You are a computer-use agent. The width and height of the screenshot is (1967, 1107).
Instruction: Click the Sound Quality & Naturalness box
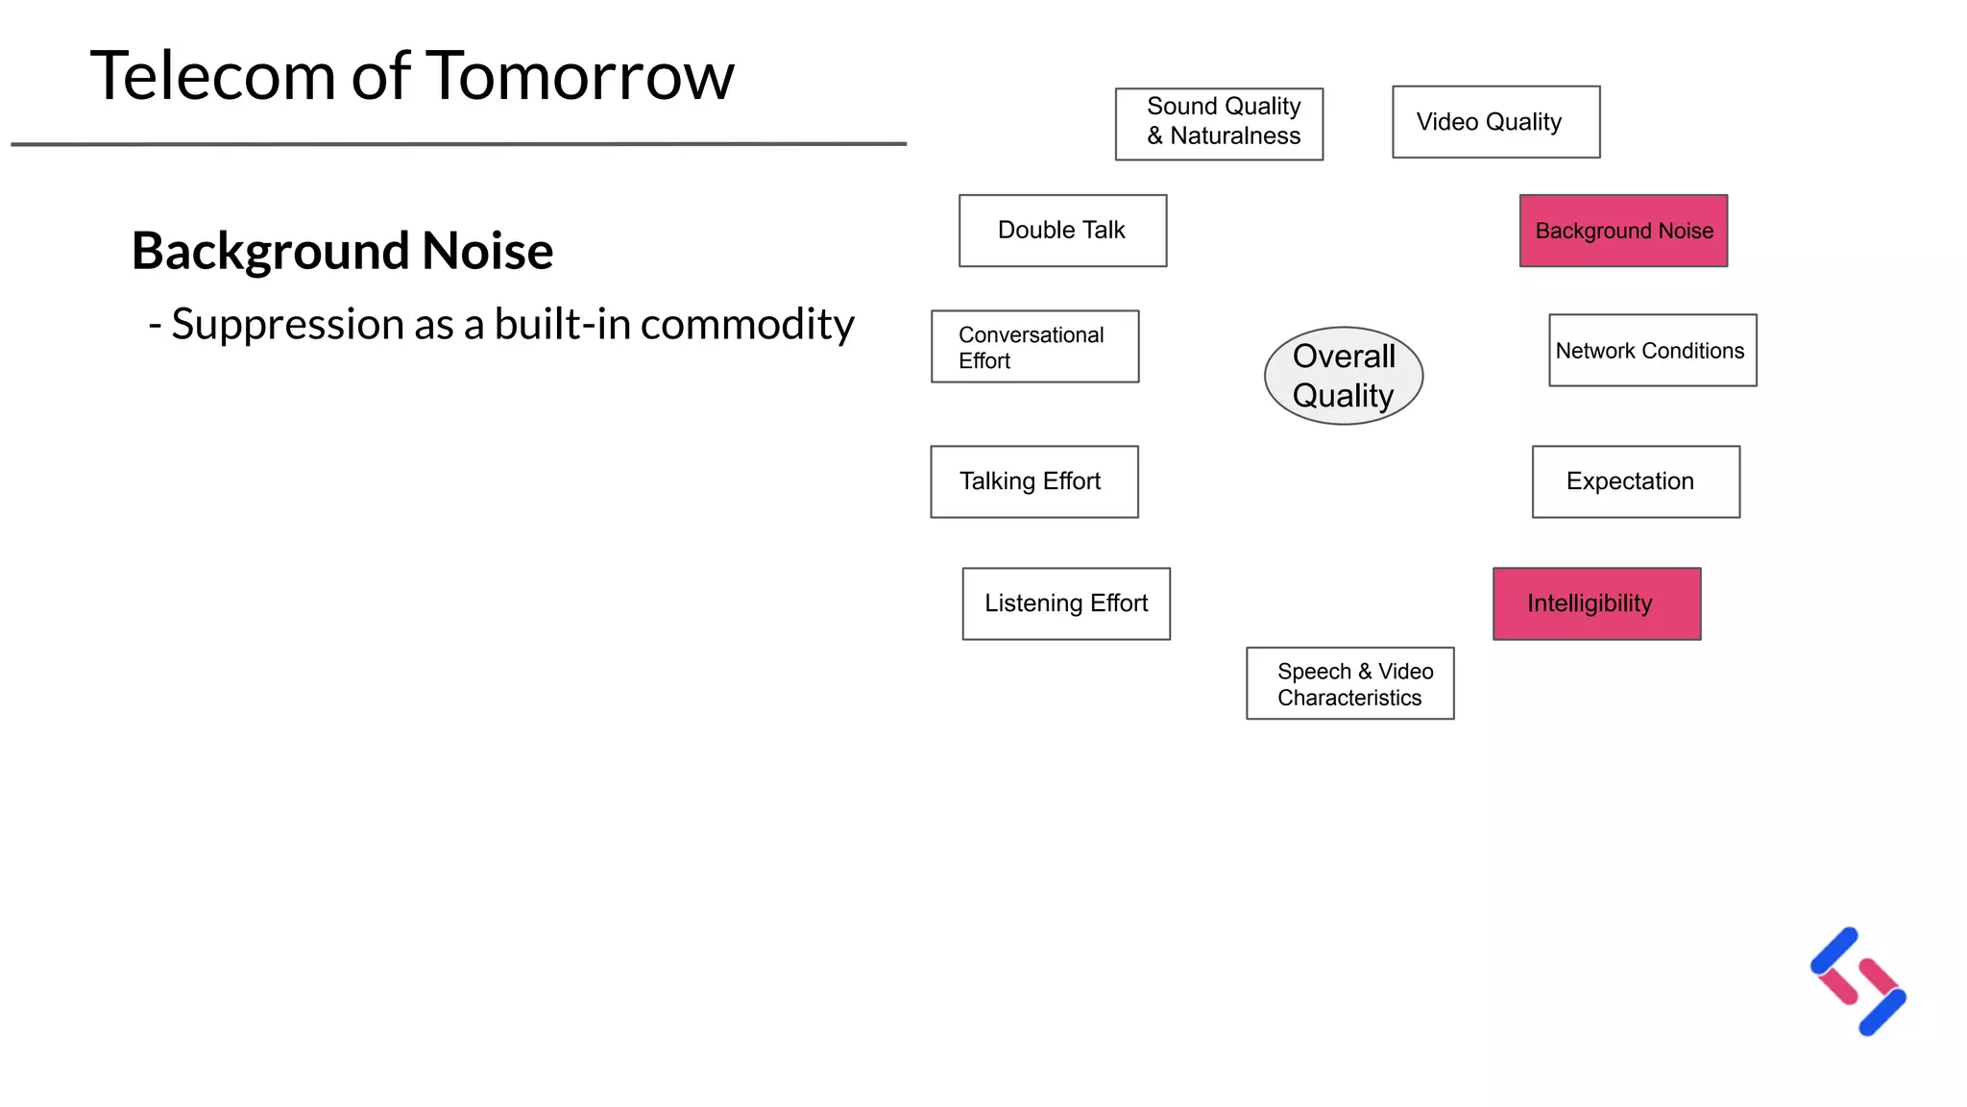(1219, 124)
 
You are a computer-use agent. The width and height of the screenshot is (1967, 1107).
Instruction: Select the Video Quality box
(1495, 122)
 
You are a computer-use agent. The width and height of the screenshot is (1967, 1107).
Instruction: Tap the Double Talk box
(1062, 231)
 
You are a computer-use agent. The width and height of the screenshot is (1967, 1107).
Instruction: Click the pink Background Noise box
(1623, 231)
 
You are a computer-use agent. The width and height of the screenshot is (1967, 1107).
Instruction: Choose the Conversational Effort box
(1034, 347)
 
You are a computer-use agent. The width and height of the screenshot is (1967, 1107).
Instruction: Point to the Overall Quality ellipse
(1343, 376)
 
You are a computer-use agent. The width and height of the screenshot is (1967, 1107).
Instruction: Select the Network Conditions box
(1652, 351)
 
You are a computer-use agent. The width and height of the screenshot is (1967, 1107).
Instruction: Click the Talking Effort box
(1033, 481)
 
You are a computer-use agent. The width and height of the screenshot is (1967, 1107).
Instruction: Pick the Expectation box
(1636, 481)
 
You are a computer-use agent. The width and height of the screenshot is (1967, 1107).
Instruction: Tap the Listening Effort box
(1066, 603)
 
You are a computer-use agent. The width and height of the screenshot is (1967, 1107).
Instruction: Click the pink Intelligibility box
(1596, 603)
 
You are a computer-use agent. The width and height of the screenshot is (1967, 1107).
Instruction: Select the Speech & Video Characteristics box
(1349, 683)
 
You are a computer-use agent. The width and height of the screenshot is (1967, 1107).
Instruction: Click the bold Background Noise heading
(342, 251)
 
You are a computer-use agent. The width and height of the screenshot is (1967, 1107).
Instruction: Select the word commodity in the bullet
(747, 325)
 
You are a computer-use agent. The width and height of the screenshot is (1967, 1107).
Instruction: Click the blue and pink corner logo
(1858, 981)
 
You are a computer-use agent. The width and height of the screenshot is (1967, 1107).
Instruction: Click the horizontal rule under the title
(458, 144)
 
